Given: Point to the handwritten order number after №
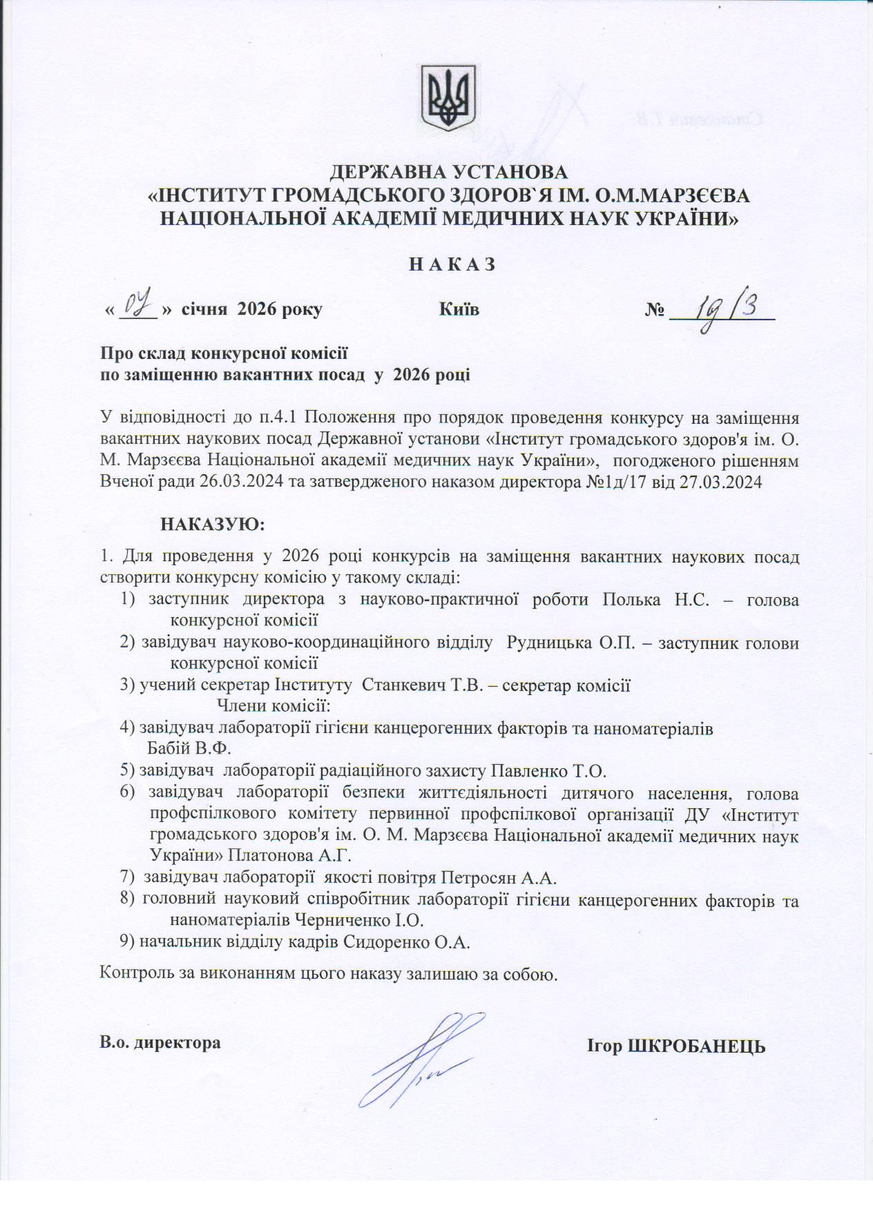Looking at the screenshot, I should pos(725,307).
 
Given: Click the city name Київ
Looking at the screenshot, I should pos(459,309).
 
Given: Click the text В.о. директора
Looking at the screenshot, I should pos(160,1042).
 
